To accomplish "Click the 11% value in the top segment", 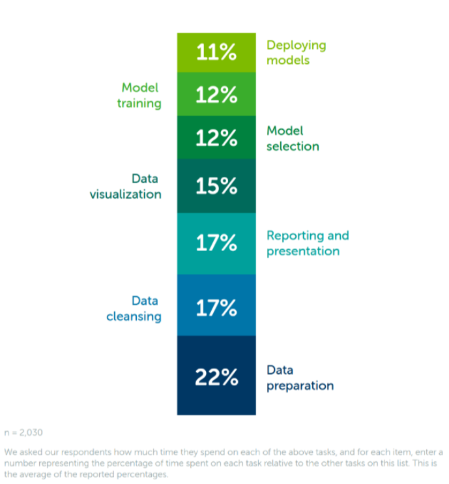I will tap(216, 52).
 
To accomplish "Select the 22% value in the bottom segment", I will tap(216, 377).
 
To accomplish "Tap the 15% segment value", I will tap(216, 187).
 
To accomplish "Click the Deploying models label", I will tap(296, 52).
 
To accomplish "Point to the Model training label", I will tap(139, 95).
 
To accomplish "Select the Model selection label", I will tap(293, 138).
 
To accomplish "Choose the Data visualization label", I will tap(126, 186).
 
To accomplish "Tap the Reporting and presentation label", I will tap(308, 243).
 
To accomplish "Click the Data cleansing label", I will tap(134, 309).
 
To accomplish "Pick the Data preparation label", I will tap(300, 378).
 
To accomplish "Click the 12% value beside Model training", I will tap(216, 95).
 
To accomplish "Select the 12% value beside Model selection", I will tap(216, 138).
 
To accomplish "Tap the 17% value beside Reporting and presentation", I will tap(216, 243).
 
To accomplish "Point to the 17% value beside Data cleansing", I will tap(216, 308).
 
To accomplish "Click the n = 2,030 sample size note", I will tap(23, 432).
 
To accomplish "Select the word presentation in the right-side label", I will tap(303, 251).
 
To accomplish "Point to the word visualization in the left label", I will tap(126, 194).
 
